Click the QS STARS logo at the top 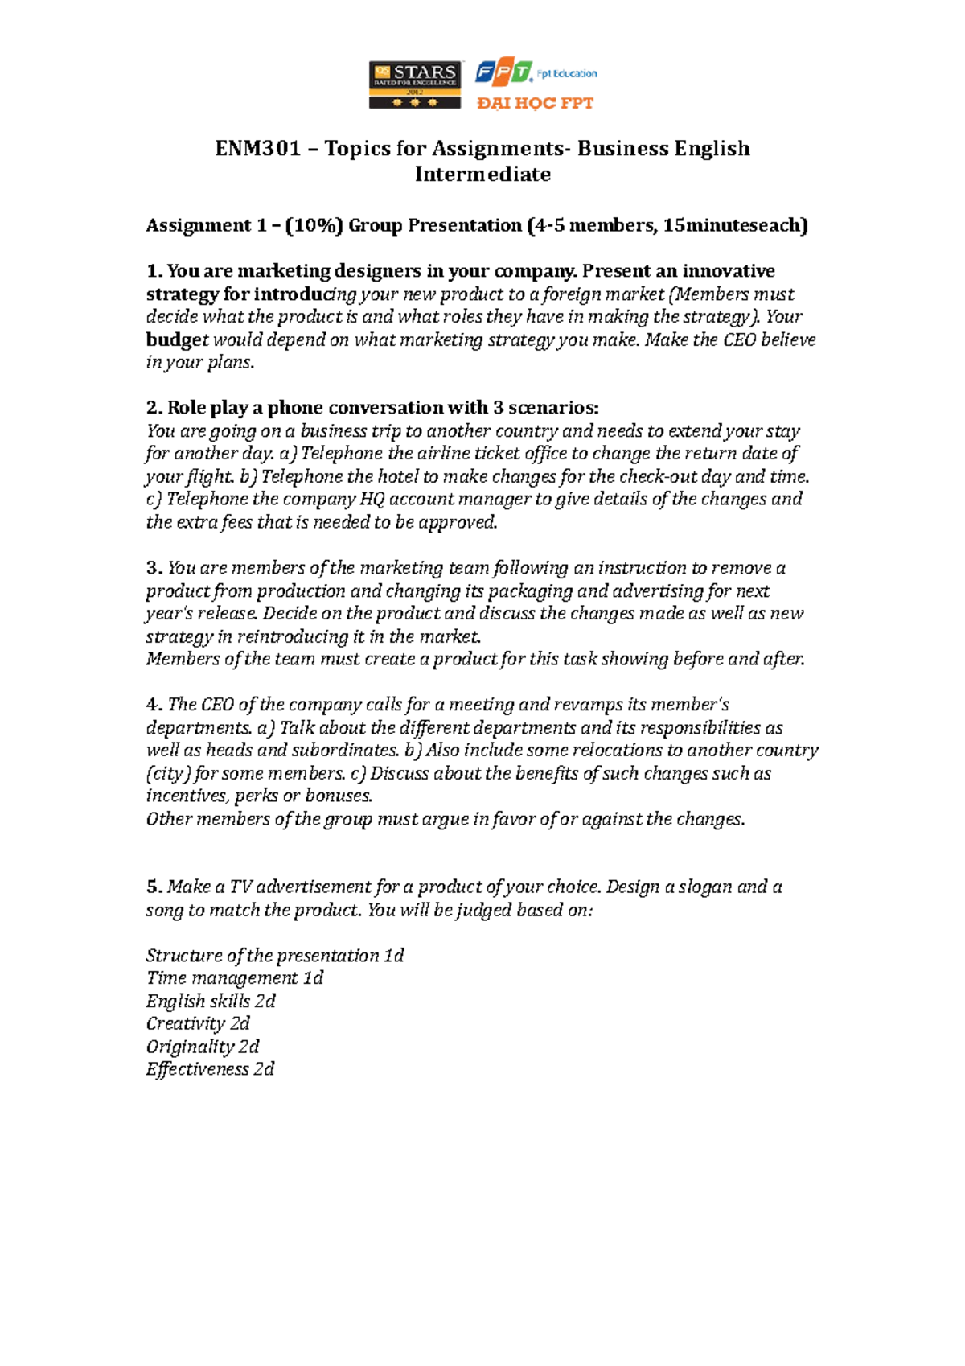pos(415,84)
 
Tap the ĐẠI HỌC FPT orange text pos(535,103)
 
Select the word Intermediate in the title pos(482,175)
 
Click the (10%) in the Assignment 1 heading pos(320,225)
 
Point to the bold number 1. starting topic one pos(154,271)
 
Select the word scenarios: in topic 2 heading pos(553,408)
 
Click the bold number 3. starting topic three pos(154,568)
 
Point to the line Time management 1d pos(234,978)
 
